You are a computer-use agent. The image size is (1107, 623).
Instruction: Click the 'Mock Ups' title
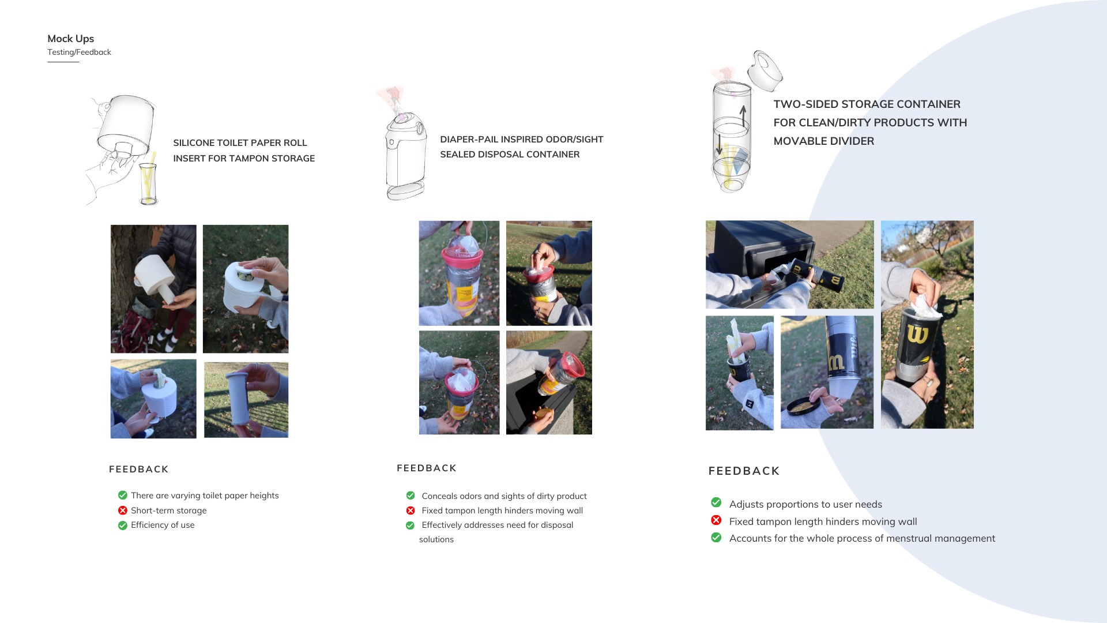point(70,39)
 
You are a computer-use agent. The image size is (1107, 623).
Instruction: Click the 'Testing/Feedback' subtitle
point(79,52)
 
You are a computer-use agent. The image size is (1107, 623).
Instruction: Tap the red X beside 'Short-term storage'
point(123,511)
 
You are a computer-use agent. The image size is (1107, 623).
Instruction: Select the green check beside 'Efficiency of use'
point(123,526)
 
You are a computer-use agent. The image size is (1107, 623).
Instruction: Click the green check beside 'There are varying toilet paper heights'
point(123,495)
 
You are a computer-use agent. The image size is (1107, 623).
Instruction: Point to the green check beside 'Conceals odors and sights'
point(411,496)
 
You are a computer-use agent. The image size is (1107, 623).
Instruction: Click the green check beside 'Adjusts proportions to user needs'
point(716,502)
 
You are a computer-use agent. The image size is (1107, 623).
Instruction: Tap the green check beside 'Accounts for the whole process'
point(716,538)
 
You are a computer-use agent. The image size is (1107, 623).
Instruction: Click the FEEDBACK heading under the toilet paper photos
point(138,469)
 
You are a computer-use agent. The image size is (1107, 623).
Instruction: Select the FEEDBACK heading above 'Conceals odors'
point(426,468)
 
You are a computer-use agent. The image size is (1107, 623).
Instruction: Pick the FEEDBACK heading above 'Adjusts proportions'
point(744,471)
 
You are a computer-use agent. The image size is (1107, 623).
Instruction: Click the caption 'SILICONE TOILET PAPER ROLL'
point(240,142)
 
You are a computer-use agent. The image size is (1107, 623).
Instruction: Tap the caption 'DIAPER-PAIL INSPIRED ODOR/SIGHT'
point(521,139)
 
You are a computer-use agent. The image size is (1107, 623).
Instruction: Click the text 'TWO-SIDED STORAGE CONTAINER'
point(867,104)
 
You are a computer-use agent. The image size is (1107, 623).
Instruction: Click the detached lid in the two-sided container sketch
point(765,70)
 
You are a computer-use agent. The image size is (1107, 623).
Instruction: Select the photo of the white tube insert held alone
point(246,399)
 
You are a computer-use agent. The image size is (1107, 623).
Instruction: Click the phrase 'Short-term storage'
point(168,511)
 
